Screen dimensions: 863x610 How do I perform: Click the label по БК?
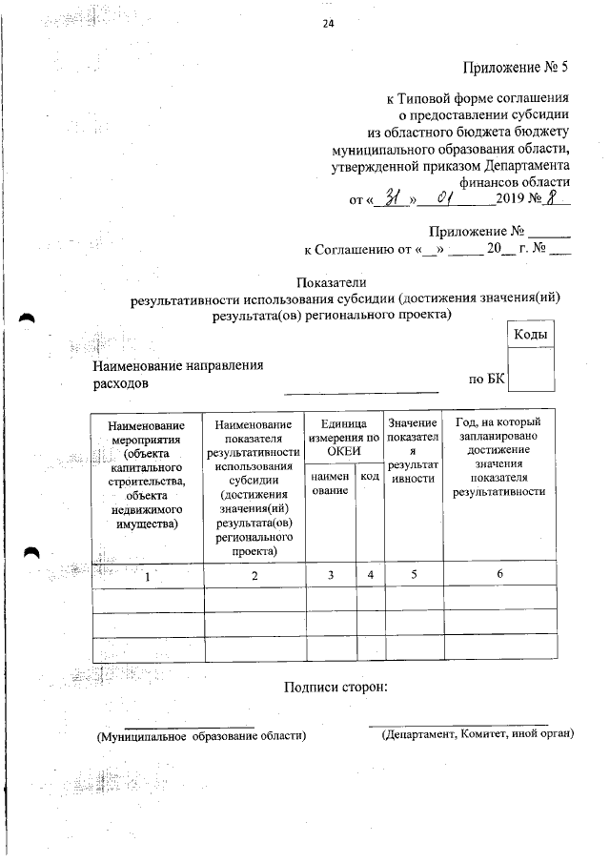[x=486, y=379]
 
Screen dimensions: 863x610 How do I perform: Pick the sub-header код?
[x=370, y=474]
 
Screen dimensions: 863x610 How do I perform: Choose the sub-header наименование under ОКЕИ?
[x=329, y=482]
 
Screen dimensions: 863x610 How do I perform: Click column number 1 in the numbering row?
[x=147, y=575]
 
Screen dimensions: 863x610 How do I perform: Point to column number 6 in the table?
[x=499, y=573]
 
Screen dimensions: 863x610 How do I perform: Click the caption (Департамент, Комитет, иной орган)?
[x=476, y=735]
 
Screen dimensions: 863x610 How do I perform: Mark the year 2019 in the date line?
[x=516, y=200]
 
